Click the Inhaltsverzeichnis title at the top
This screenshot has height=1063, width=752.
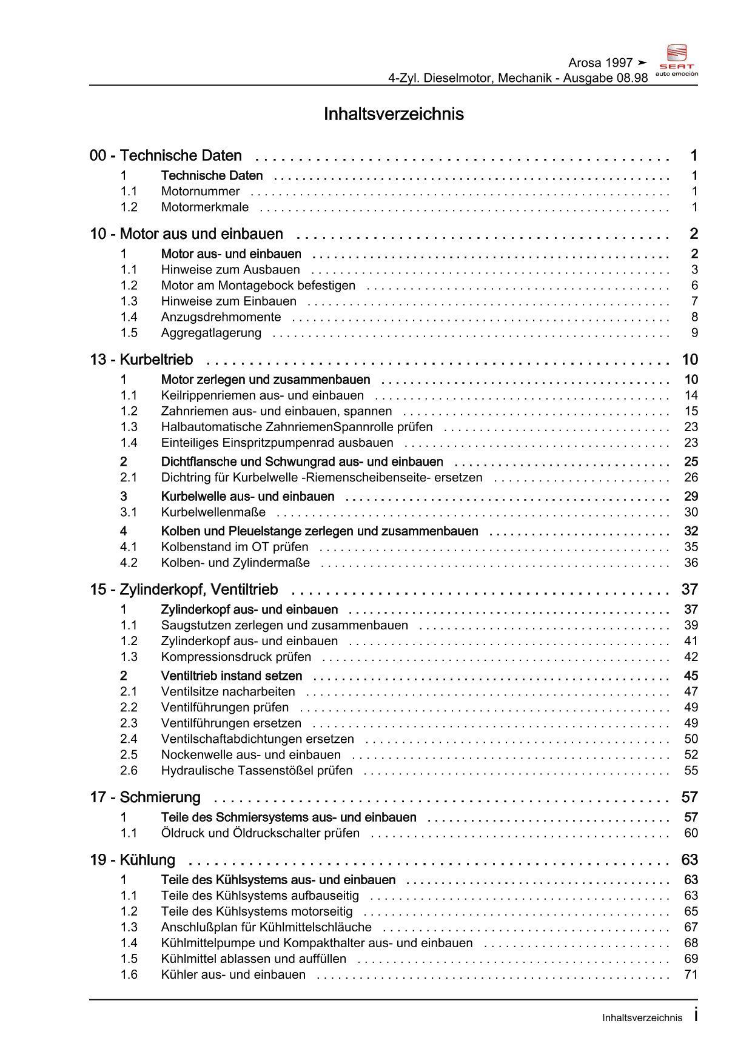[x=394, y=114]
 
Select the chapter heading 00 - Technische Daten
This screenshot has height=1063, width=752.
[x=166, y=156]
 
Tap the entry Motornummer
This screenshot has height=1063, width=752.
[x=200, y=192]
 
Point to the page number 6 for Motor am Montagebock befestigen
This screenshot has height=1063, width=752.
[x=694, y=286]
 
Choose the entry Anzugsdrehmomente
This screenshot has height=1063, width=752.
[x=221, y=317]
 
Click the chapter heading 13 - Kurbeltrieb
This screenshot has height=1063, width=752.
[x=141, y=360]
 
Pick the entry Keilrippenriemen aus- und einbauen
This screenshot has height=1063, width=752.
[x=262, y=395]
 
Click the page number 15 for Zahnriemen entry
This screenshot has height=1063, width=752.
[x=691, y=411]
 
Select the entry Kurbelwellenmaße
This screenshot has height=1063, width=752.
[x=213, y=512]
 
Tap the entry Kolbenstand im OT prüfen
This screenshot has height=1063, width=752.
[x=234, y=547]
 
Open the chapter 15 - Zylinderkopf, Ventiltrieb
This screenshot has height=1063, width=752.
[x=184, y=589]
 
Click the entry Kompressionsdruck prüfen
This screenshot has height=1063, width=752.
[x=236, y=657]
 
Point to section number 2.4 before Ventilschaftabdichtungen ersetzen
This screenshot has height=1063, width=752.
[x=129, y=739]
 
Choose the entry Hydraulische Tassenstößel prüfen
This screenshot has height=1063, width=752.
[x=257, y=771]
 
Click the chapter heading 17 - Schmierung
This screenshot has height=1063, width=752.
[x=145, y=797]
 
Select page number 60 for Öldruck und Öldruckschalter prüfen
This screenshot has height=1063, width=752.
[x=691, y=833]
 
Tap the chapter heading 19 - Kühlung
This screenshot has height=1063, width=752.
[x=132, y=860]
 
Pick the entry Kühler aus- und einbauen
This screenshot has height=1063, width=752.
[x=233, y=974]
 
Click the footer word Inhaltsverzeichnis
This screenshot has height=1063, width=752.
[x=642, y=1018]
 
